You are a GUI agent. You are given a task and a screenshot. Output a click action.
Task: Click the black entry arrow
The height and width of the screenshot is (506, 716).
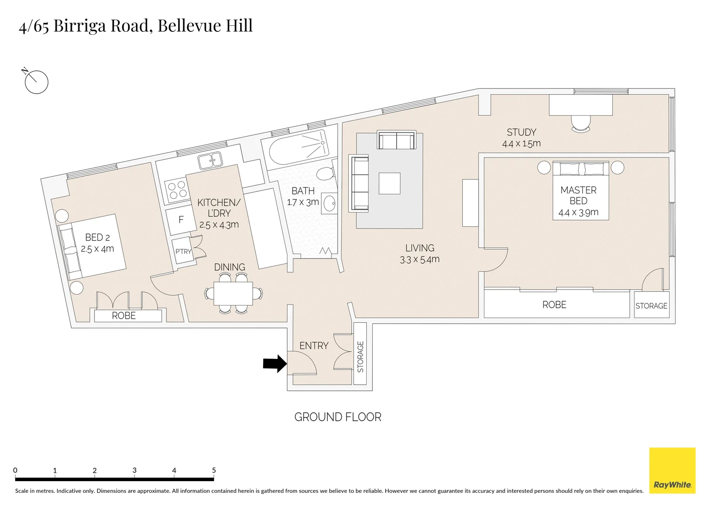(275, 364)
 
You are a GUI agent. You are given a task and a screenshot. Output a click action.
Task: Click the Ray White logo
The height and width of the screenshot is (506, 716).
(672, 470)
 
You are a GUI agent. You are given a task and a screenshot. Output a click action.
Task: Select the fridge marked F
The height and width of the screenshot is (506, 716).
(181, 220)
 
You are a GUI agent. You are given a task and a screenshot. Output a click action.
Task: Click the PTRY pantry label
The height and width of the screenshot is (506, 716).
(183, 252)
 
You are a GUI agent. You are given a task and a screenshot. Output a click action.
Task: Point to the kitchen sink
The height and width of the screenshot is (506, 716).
(210, 161)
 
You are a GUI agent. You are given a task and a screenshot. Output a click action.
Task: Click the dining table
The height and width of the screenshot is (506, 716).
(233, 293)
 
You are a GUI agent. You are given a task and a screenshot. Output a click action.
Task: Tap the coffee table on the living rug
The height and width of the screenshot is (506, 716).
(390, 183)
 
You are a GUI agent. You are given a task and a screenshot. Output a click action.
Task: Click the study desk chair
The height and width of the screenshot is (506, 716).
(581, 123)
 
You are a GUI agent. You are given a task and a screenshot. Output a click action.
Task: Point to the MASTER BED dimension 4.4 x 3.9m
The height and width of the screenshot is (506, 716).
(578, 212)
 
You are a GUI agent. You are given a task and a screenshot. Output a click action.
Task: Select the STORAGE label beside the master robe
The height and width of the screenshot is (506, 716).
(651, 306)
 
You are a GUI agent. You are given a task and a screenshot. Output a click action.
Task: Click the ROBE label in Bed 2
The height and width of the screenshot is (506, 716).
(124, 316)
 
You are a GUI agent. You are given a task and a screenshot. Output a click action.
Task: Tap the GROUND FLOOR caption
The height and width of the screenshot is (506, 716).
(338, 417)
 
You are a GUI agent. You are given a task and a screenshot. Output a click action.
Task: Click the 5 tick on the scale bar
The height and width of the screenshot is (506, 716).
(214, 471)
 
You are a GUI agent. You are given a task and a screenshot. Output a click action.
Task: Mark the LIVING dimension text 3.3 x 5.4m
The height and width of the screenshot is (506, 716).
(420, 260)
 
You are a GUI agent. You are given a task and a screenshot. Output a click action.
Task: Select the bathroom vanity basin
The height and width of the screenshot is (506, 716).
(330, 204)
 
